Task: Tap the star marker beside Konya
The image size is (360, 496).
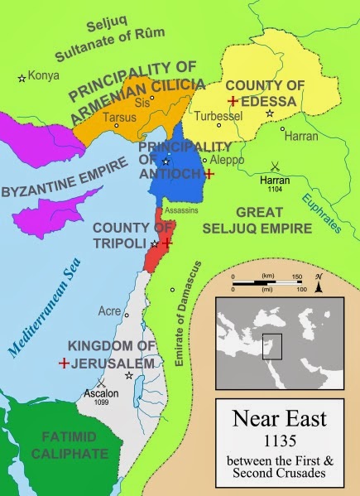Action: pos(22,78)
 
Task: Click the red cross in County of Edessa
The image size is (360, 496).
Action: pos(234,100)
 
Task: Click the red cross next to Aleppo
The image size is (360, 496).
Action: pos(209,174)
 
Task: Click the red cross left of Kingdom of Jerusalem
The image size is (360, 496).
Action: pos(64,363)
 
